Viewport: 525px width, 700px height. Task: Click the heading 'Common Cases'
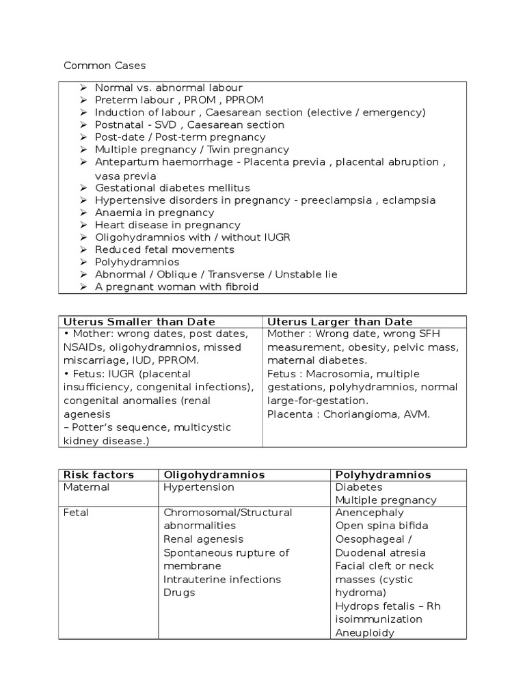[105, 66]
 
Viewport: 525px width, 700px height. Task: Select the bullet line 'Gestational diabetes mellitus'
[172, 187]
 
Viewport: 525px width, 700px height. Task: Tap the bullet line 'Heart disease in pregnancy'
[167, 225]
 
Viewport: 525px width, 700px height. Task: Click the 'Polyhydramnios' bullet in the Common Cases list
[137, 262]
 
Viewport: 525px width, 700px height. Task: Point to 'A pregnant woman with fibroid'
[176, 287]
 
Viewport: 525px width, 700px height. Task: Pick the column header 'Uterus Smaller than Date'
[139, 321]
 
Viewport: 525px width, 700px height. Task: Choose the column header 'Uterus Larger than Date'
[340, 321]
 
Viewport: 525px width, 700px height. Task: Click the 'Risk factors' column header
[98, 474]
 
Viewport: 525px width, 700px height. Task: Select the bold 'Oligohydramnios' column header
[214, 474]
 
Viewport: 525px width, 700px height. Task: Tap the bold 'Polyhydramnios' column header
[383, 474]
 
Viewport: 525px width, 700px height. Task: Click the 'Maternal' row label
[86, 487]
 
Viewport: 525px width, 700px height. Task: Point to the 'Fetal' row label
[76, 513]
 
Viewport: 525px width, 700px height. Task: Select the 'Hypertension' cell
[199, 487]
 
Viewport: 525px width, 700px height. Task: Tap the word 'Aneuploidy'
[365, 633]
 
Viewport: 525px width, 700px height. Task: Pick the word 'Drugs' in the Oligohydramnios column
[179, 593]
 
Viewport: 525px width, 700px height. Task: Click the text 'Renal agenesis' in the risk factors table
[203, 539]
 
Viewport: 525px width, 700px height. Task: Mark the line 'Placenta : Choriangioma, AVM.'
[349, 414]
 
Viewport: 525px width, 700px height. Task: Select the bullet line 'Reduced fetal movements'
[164, 250]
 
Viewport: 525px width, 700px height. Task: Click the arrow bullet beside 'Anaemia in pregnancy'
[83, 213]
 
